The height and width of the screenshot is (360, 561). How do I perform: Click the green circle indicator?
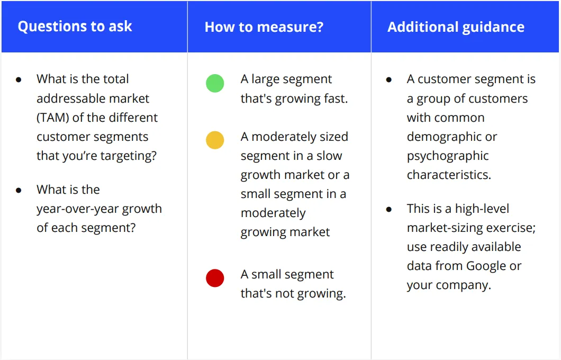(215, 83)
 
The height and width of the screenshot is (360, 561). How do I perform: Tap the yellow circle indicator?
(215, 140)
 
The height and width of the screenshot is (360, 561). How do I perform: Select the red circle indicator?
(215, 278)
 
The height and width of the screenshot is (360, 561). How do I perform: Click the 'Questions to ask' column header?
(75, 26)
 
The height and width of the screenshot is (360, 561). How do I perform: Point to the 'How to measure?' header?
(264, 27)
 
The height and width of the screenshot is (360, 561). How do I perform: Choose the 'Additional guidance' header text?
(456, 27)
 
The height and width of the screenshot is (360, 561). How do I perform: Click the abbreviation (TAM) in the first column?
(53, 118)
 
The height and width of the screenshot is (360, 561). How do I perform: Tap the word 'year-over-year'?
(78, 209)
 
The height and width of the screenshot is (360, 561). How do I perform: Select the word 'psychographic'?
(448, 156)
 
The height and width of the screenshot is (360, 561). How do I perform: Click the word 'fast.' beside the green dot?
(333, 99)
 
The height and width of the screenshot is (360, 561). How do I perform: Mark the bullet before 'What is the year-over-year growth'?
(19, 191)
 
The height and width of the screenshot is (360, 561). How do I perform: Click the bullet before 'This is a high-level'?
(389, 209)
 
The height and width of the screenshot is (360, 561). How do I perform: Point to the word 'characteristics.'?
(449, 175)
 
